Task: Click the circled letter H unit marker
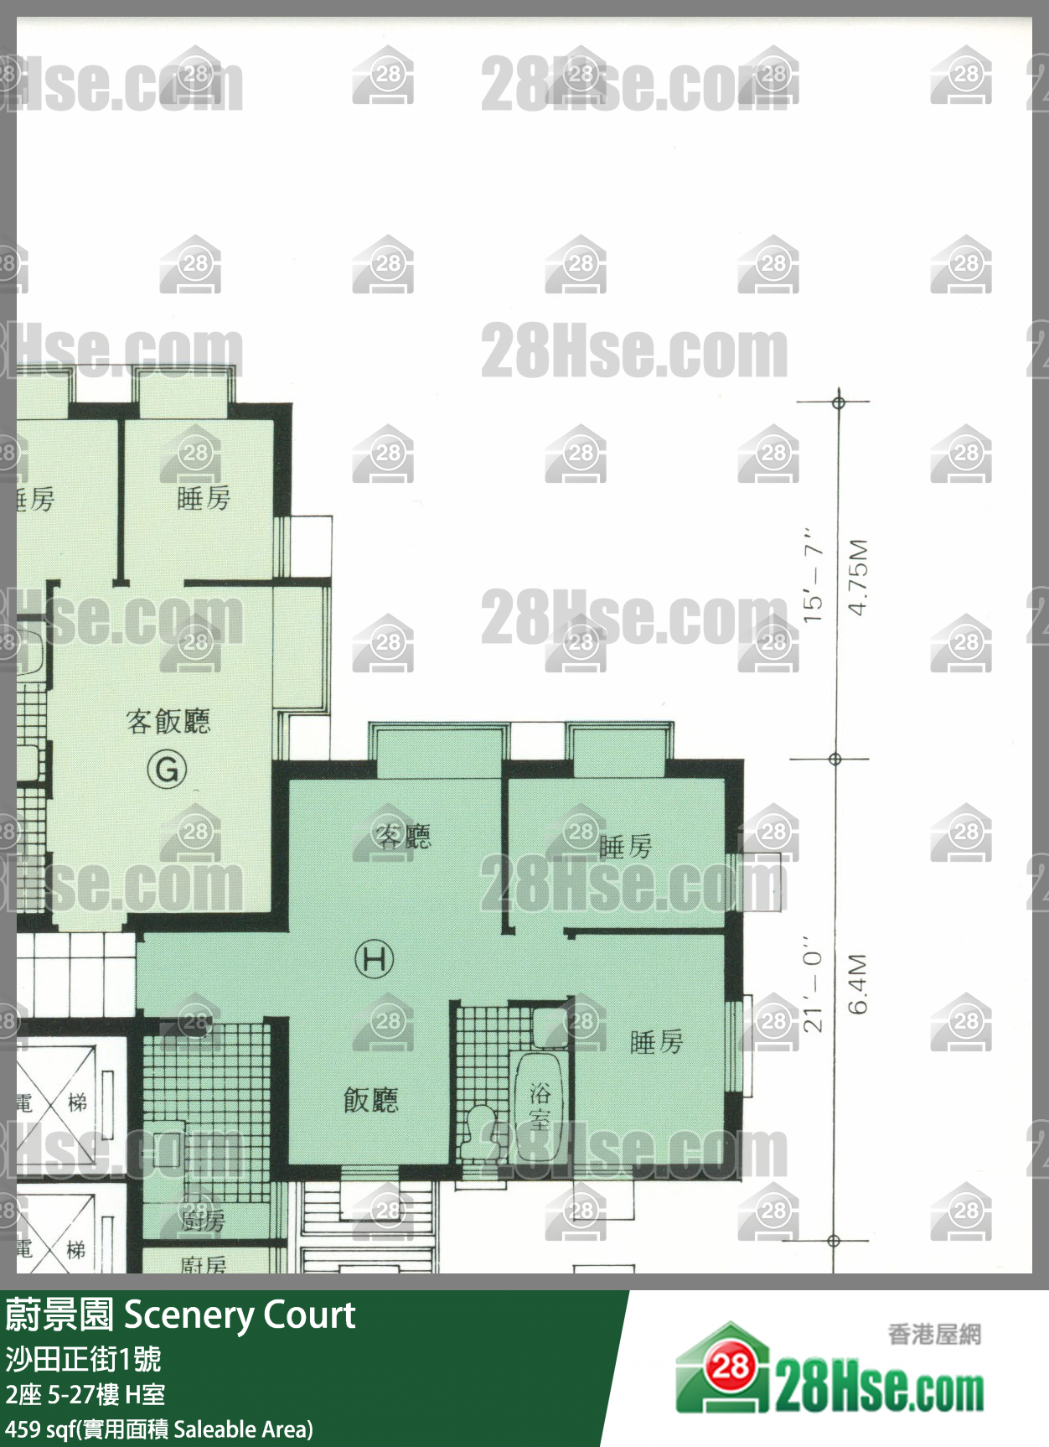coord(374,958)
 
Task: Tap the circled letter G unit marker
coord(167,769)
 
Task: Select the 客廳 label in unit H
coord(403,836)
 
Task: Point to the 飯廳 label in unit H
coord(371,1099)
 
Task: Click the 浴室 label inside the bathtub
coord(540,1106)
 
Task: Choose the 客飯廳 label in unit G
coord(168,721)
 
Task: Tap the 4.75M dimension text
coord(858,577)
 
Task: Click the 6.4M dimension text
coord(858,983)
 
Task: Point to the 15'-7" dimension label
coord(813,575)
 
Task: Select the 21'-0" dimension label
coord(813,983)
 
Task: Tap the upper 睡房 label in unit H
coord(625,847)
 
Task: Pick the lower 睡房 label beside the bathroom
coord(656,1042)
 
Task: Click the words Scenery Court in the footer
coord(240,1315)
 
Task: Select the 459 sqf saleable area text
coord(159,1429)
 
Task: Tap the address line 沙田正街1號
coord(84,1358)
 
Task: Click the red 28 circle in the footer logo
coord(730,1367)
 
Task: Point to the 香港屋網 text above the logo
coord(934,1334)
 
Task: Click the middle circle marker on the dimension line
coord(835,759)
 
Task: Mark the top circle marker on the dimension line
coord(839,402)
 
